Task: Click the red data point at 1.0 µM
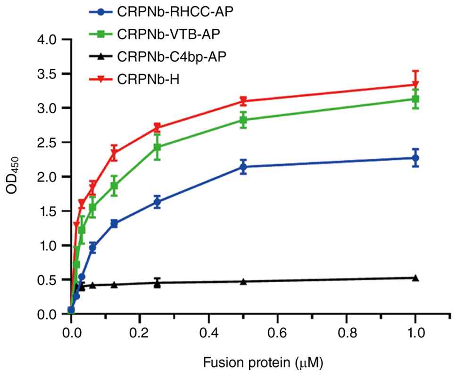[x=415, y=84]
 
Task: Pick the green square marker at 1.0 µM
[x=415, y=99]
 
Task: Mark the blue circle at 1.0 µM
[x=415, y=158]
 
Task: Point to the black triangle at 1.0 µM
[x=415, y=278]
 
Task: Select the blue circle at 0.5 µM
[x=243, y=167]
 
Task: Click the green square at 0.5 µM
[x=243, y=120]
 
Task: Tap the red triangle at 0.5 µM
[x=243, y=101]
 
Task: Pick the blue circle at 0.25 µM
[x=158, y=202]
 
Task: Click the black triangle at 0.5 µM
[x=243, y=282]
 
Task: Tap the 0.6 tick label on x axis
[x=278, y=333]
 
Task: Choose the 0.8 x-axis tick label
[x=347, y=333]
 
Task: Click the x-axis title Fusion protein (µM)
[x=263, y=363]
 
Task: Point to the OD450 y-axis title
[x=13, y=177]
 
